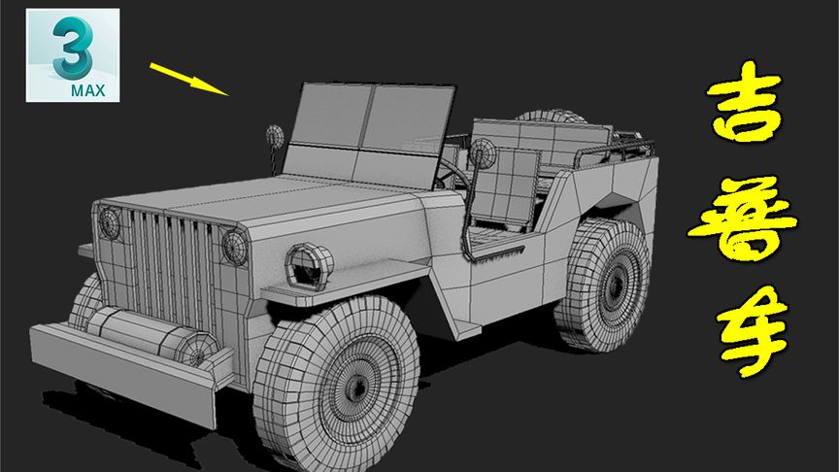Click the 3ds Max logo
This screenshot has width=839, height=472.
tap(73, 55)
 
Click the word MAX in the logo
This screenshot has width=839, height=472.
tap(88, 90)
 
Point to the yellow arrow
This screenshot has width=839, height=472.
tap(189, 80)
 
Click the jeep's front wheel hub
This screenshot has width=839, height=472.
tap(355, 387)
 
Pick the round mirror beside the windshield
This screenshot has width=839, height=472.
tap(275, 137)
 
